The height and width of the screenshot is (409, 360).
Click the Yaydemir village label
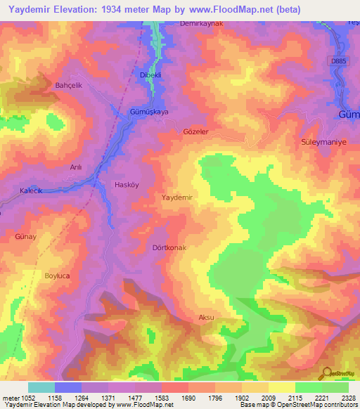click(177, 198)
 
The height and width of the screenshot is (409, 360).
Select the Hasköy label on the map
click(128, 185)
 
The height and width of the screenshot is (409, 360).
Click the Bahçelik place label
click(69, 85)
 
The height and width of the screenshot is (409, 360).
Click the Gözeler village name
click(196, 132)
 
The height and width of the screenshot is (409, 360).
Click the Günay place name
click(26, 238)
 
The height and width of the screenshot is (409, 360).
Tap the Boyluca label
click(58, 276)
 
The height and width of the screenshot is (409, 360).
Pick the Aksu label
click(206, 318)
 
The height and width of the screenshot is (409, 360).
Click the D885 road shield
click(338, 62)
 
